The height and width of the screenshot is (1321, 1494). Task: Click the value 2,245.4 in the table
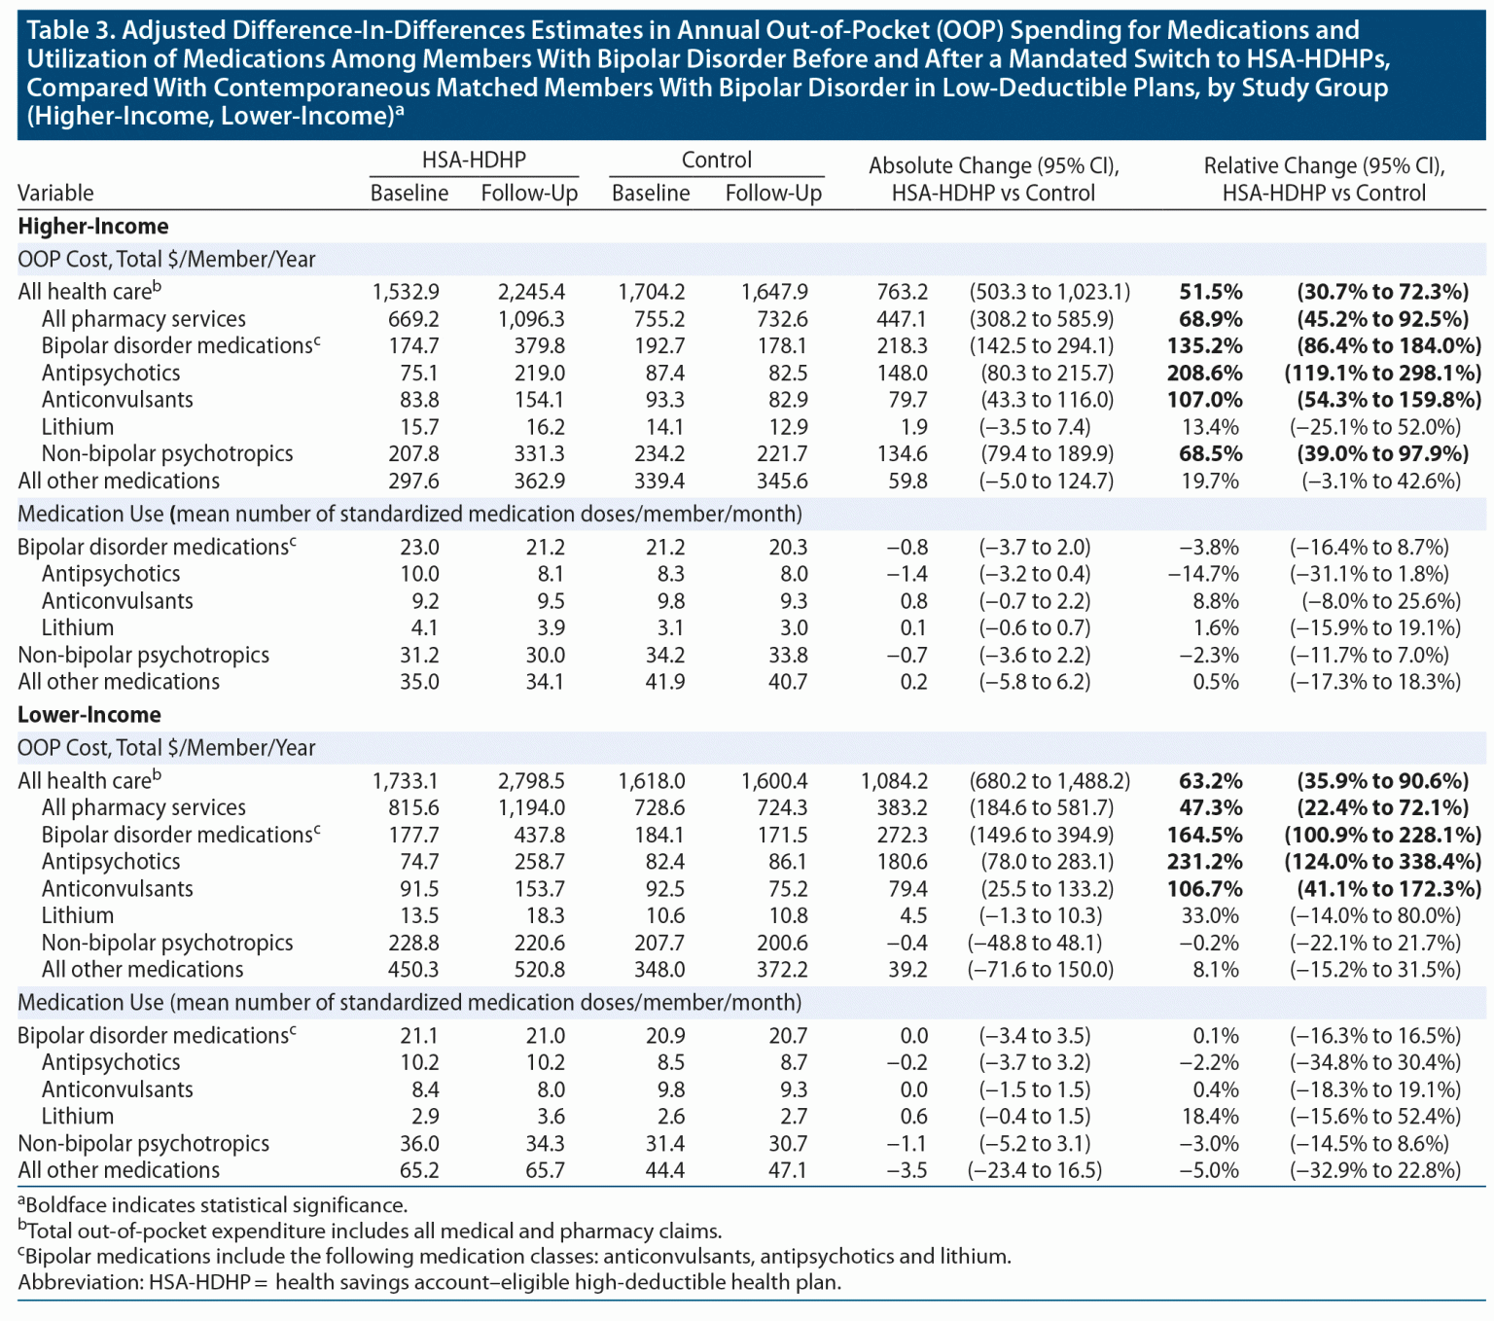[531, 292]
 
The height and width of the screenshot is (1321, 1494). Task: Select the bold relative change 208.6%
[1205, 373]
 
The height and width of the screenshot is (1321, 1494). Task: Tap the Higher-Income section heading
[93, 227]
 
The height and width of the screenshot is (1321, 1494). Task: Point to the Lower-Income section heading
[89, 715]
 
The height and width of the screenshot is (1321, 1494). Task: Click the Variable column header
[55, 193]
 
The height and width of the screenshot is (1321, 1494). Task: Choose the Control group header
[717, 161]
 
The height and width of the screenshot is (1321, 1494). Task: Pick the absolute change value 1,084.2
[894, 781]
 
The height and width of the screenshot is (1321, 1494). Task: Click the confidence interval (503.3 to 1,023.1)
[1049, 292]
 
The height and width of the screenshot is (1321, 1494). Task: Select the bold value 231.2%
[1205, 862]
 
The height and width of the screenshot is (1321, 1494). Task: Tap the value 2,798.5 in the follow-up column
[531, 781]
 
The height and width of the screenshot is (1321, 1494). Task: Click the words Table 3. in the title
[70, 31]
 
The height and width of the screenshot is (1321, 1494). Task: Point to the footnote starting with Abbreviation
[429, 1282]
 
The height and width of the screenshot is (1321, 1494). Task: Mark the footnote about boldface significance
[213, 1205]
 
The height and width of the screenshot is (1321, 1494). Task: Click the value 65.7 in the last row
[545, 1170]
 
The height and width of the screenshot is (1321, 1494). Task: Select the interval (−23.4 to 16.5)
[1035, 1170]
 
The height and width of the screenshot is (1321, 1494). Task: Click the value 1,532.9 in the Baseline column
[406, 292]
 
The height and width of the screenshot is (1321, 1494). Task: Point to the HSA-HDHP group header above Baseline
[474, 161]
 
